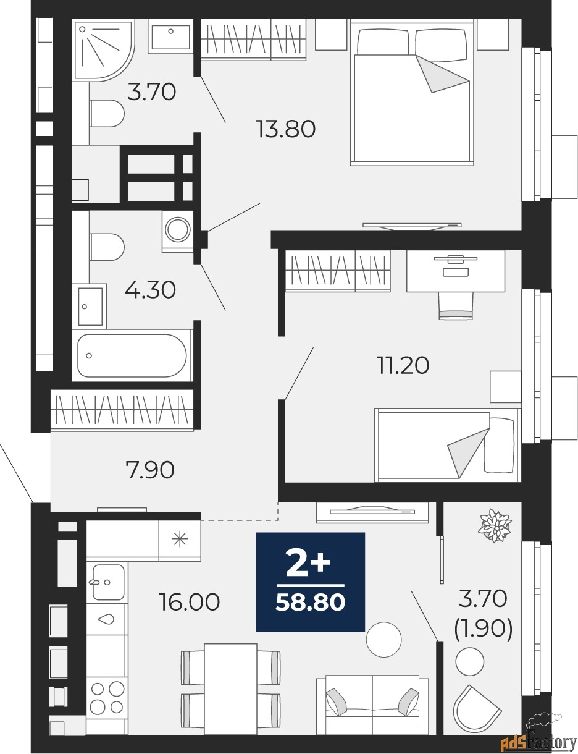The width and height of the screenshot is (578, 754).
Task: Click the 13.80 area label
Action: coord(286,129)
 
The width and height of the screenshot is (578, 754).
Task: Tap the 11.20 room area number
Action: coord(403,365)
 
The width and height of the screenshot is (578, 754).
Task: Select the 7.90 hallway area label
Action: coord(151,470)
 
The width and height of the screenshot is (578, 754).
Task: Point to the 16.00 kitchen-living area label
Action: coord(189,602)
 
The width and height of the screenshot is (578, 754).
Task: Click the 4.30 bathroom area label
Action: coord(151,290)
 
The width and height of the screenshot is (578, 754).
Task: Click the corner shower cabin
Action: coord(103,51)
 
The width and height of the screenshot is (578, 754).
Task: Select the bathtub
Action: coord(132,355)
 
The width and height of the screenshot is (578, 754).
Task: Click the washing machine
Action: coord(178,231)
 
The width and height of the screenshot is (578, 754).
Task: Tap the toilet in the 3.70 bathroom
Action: coord(107,114)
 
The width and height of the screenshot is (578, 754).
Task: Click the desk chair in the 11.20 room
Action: coord(456,305)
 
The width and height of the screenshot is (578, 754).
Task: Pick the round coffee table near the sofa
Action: coord(383,639)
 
